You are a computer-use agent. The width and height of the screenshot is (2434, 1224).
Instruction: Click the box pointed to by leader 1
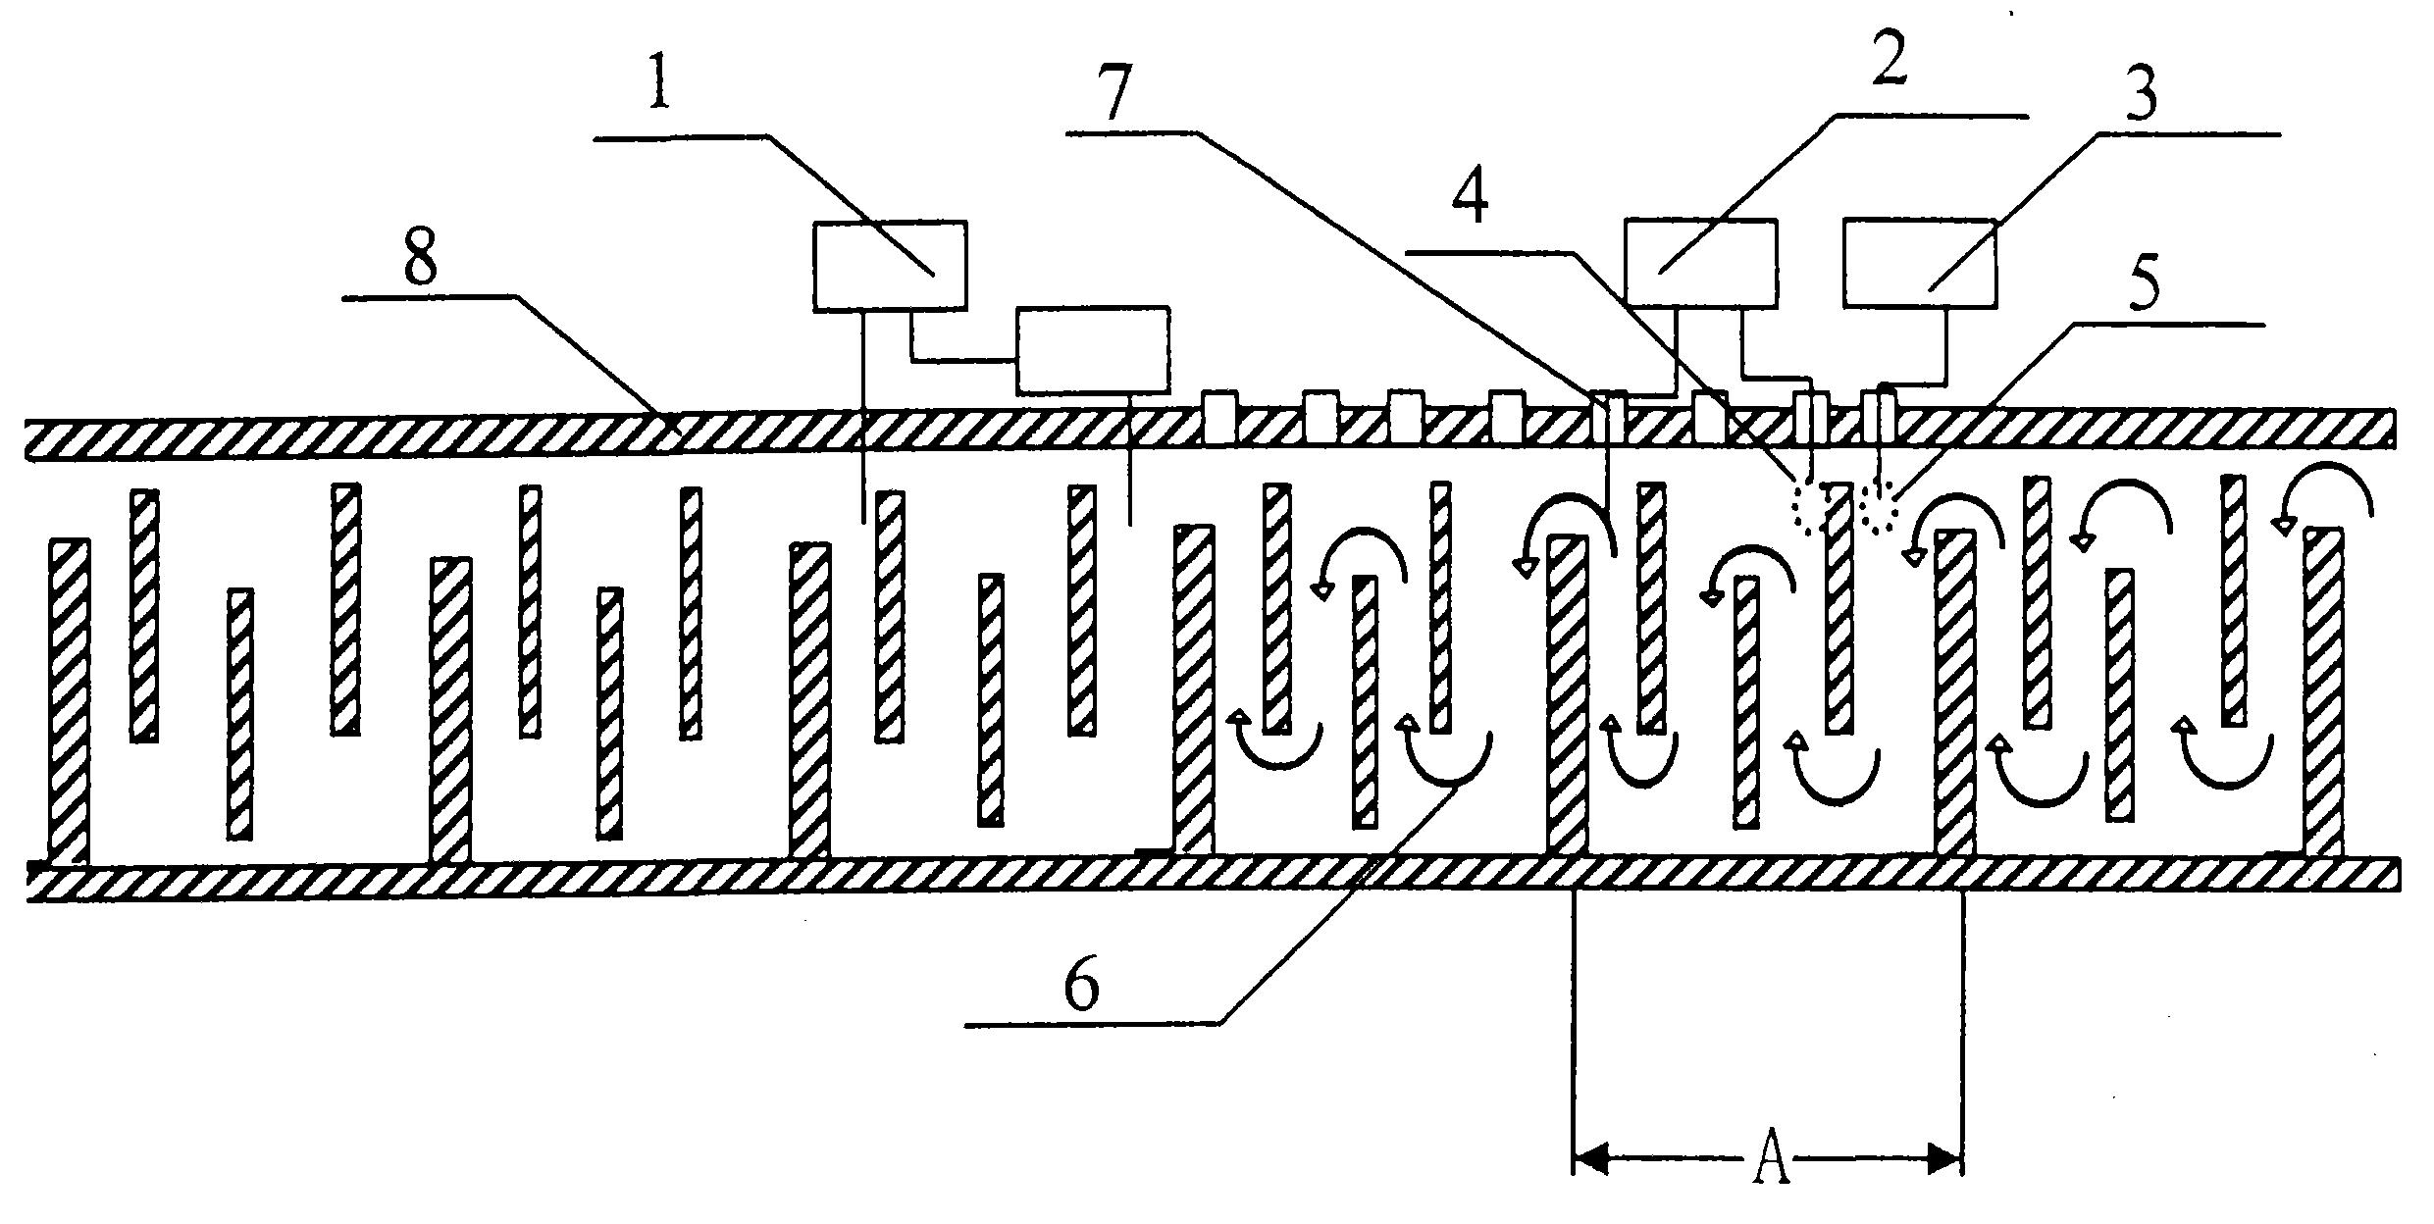pos(890,265)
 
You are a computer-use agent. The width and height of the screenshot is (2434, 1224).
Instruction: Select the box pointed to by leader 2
pos(1700,262)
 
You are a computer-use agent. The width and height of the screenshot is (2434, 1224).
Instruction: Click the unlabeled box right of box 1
pos(1093,349)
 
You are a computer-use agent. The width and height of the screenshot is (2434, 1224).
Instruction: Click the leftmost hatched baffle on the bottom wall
pos(70,702)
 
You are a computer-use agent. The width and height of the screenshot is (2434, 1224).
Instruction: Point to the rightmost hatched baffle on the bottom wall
pos(2323,692)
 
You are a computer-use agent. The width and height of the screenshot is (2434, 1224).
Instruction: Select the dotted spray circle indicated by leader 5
pos(1879,507)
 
